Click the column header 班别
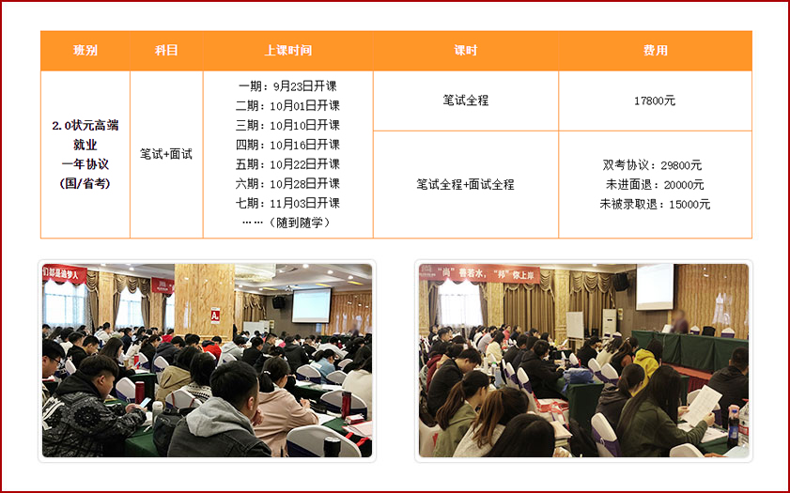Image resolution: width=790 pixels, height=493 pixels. tap(85, 51)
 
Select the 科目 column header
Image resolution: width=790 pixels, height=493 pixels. tap(166, 51)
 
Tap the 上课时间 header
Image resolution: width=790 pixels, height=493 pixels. tap(288, 51)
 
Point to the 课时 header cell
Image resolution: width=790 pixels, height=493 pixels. tap(466, 51)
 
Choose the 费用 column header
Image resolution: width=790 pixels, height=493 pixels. tap(655, 51)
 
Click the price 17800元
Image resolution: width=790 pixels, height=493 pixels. tap(655, 100)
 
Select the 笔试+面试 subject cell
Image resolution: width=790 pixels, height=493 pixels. tap(166, 154)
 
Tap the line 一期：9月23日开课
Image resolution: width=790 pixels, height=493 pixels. tap(287, 86)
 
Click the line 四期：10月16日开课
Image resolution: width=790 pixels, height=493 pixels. tap(287, 145)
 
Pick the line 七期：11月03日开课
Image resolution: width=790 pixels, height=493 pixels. tap(287, 204)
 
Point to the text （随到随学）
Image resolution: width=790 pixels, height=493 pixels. tap(300, 223)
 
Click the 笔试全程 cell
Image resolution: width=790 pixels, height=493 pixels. tap(466, 100)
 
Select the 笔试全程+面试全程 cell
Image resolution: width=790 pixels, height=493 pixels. tap(466, 184)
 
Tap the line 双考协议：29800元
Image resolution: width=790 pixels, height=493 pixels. tap(653, 165)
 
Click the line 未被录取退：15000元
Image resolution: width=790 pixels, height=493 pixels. tap(655, 205)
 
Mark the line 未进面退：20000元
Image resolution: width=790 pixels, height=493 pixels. tap(655, 185)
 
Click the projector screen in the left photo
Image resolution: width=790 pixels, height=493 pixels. tap(311, 306)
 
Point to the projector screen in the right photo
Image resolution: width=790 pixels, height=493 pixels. tap(655, 286)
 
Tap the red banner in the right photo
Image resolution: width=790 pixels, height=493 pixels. tap(479, 274)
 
